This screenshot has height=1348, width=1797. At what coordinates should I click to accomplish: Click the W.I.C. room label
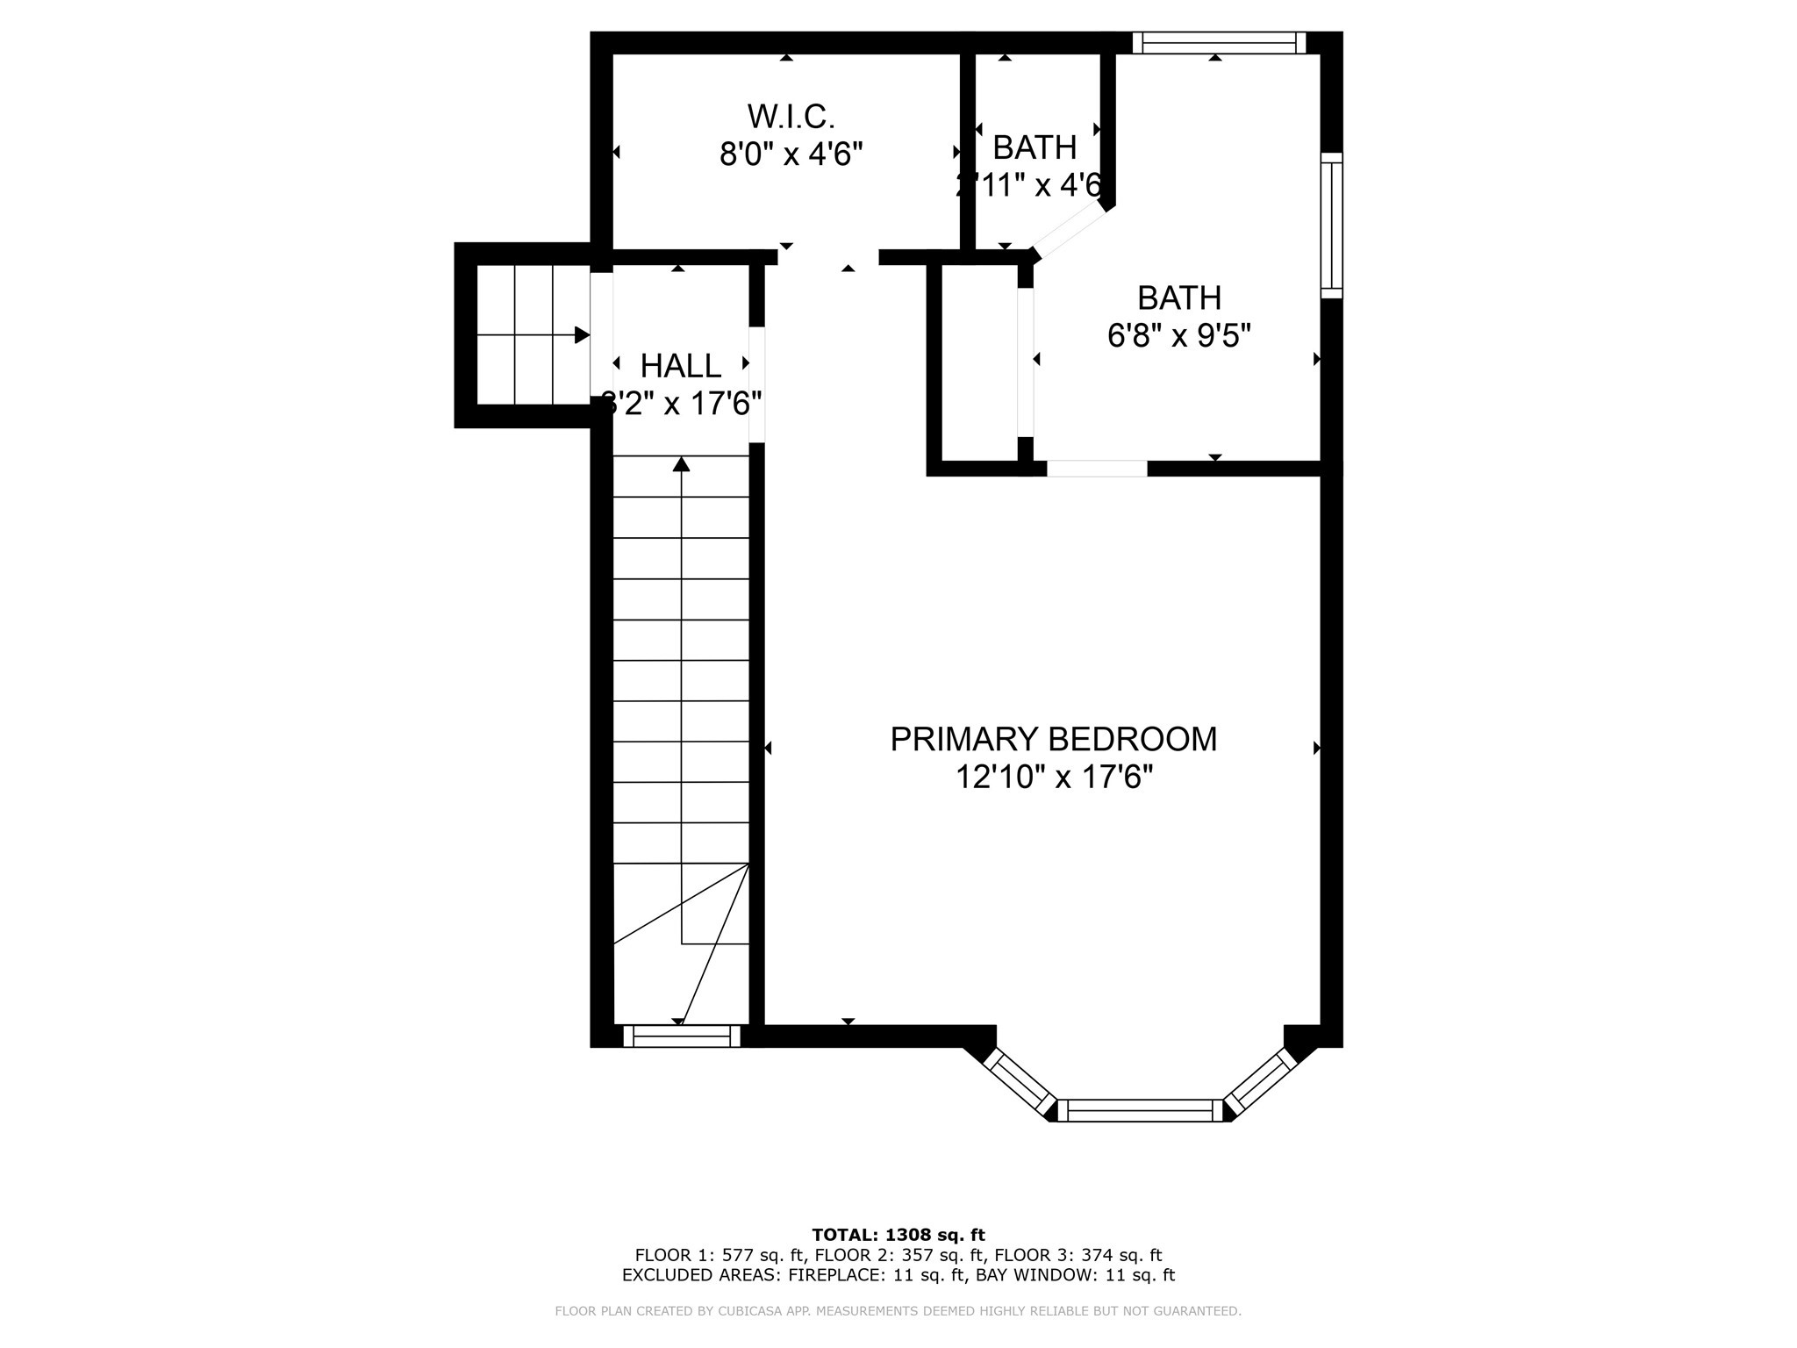[791, 116]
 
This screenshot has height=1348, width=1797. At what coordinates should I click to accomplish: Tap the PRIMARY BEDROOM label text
[1053, 740]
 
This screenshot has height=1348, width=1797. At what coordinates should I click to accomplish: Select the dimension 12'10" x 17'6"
[1053, 778]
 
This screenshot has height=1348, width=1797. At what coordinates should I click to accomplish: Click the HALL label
[680, 365]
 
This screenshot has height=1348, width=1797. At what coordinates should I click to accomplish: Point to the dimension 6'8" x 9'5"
[1178, 336]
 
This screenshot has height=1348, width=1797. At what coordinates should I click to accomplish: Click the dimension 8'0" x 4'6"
[791, 154]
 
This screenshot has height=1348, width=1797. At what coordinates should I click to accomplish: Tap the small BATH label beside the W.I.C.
[1035, 147]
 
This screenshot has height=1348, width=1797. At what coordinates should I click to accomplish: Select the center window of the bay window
[1139, 1110]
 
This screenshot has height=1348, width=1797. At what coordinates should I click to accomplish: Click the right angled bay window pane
[1261, 1080]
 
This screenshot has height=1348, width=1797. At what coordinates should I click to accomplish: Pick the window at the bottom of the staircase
[682, 1036]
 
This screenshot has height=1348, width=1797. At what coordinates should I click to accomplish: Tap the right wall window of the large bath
[1331, 226]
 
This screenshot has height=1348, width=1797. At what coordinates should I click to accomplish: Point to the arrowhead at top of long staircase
[681, 464]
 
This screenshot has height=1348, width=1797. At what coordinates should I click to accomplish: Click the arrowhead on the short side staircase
[582, 335]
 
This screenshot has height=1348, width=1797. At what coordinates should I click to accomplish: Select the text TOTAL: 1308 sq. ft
[898, 1235]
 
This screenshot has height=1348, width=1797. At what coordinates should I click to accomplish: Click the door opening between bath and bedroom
[1097, 469]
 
